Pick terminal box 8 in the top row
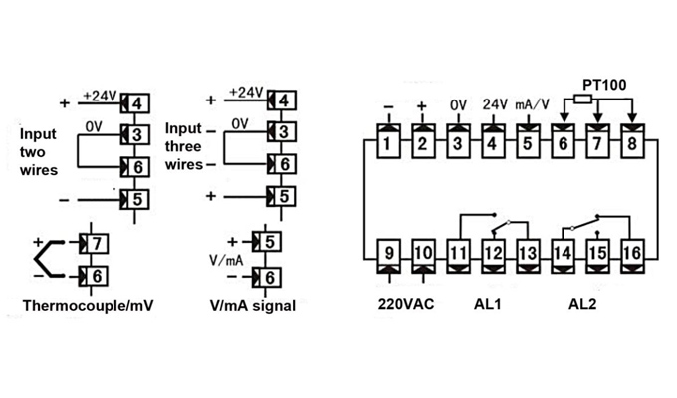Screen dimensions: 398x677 [x=633, y=145]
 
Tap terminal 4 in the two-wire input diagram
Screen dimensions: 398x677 [x=137, y=103]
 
